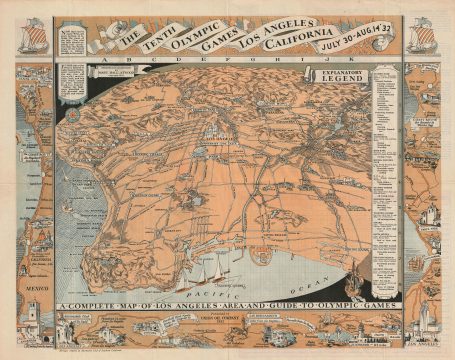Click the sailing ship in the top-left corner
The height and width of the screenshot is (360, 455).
coord(27,34)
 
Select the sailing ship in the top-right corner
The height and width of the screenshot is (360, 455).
coord(425,34)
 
